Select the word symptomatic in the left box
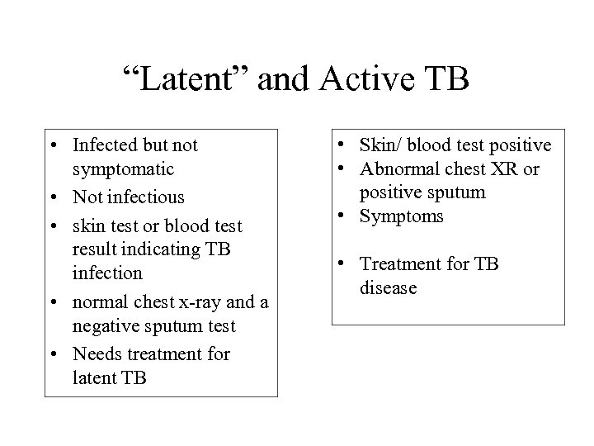pyautogui.click(x=123, y=168)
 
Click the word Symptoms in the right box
pyautogui.click(x=401, y=216)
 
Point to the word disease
pyautogui.click(x=388, y=287)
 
